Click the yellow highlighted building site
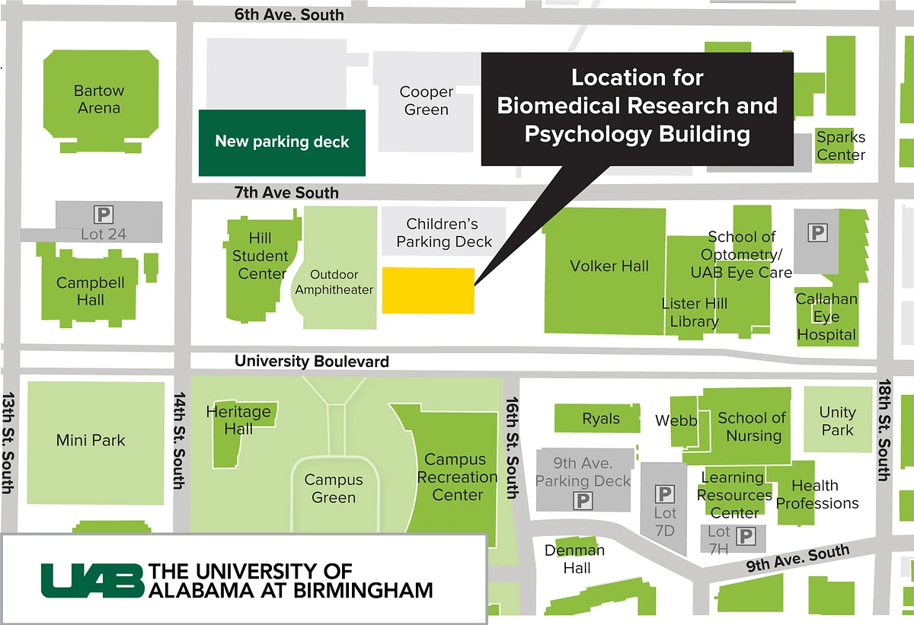[428, 290]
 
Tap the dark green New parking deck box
[282, 142]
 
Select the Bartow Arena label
[99, 99]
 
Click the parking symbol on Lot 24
[102, 215]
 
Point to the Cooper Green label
[427, 100]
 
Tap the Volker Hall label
[609, 266]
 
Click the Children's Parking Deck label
[443, 233]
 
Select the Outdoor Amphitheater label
[334, 282]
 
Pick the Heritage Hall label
[238, 419]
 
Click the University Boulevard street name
[312, 362]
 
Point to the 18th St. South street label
[884, 430]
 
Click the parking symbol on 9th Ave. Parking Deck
[583, 500]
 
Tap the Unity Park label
[837, 421]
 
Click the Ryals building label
[601, 419]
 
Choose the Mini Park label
[91, 440]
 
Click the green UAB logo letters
[92, 580]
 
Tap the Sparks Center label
[841, 146]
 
